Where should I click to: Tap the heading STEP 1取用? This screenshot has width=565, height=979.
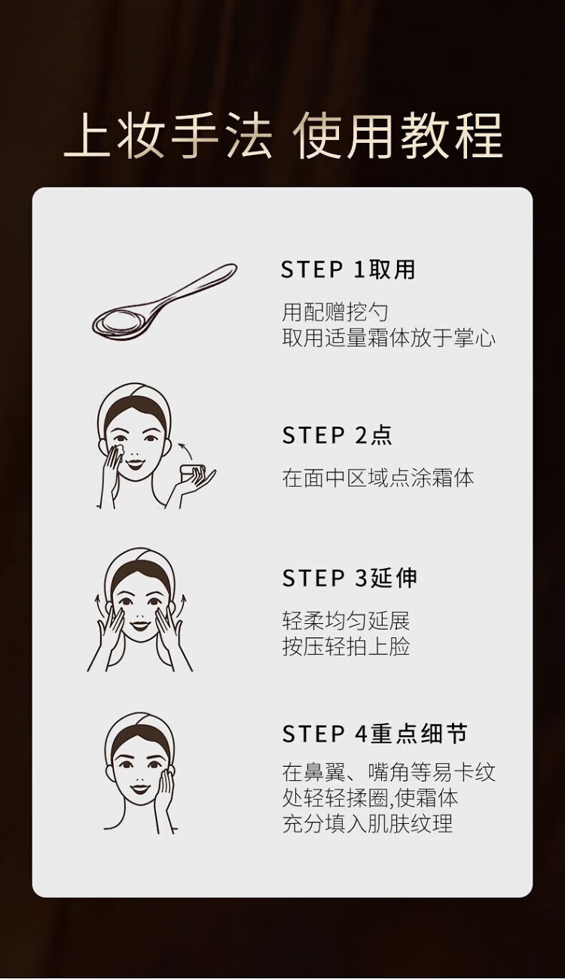(x=348, y=269)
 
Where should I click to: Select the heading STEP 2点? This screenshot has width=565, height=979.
(x=337, y=435)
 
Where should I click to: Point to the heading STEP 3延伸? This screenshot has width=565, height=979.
(x=350, y=578)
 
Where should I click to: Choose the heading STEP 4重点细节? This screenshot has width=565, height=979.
(x=374, y=734)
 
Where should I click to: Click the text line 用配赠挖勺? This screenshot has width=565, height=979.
(x=334, y=312)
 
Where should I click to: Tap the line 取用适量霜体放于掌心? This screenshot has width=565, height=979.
(x=389, y=339)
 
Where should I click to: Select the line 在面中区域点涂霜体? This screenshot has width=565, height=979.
(x=378, y=478)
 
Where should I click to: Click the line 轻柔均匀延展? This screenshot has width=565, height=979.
(x=346, y=621)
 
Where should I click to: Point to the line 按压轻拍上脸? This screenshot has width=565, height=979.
(x=346, y=647)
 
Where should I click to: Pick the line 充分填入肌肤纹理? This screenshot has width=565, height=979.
(x=367, y=824)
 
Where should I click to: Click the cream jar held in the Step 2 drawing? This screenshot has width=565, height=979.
(x=192, y=473)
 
